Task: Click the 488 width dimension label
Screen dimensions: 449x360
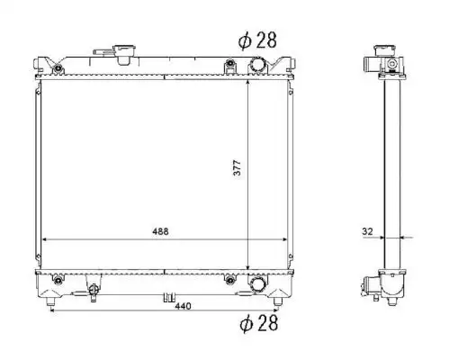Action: [160, 231]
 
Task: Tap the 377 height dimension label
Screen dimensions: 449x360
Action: [237, 168]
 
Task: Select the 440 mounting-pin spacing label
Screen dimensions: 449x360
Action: [183, 306]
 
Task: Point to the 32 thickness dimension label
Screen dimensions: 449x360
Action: [367, 231]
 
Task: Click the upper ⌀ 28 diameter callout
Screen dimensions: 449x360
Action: [257, 40]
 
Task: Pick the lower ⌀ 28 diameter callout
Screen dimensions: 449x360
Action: [259, 323]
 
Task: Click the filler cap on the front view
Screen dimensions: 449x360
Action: [124, 54]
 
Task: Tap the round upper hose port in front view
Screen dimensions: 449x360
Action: [257, 65]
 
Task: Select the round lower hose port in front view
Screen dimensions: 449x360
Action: [257, 284]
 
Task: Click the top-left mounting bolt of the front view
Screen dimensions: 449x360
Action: [58, 68]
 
